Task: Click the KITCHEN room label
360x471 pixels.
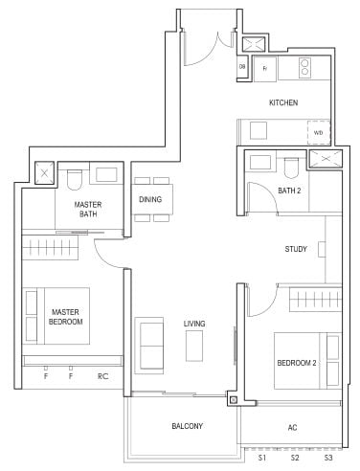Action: click(283, 102)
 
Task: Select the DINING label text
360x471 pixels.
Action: click(150, 199)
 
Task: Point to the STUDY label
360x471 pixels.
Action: click(296, 250)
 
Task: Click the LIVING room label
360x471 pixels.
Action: click(194, 324)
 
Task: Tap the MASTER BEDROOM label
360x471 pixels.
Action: click(66, 317)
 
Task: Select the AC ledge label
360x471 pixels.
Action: click(291, 427)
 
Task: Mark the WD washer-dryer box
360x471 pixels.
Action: click(318, 132)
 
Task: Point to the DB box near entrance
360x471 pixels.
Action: click(243, 67)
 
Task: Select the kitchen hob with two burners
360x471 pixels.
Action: click(307, 67)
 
